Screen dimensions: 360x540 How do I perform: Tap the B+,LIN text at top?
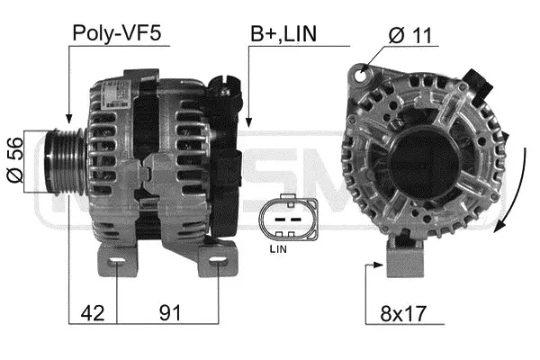pos(284,35)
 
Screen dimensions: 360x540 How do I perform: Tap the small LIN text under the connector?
pos(280,246)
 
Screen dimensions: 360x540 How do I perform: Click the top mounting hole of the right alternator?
pos(363,70)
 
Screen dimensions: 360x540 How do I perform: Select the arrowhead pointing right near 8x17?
pos(379,265)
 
